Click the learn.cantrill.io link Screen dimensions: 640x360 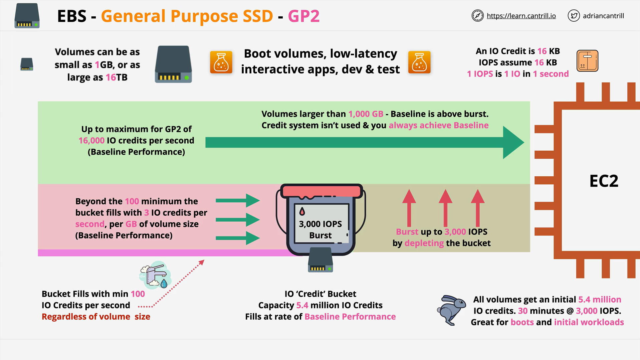point(521,16)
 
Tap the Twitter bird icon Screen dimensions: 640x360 point(574,16)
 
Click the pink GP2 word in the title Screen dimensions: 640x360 point(304,16)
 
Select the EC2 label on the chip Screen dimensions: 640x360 point(604,181)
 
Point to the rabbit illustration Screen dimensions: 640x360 point(451,310)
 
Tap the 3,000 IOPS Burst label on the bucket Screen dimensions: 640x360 point(321,229)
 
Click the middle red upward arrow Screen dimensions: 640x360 point(445,208)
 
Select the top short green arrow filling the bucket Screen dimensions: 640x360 point(238,201)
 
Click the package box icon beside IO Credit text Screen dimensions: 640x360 point(587,61)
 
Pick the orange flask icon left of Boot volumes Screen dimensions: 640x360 point(221,62)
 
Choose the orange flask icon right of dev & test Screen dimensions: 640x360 point(419,62)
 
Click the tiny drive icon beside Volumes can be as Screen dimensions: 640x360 point(27,64)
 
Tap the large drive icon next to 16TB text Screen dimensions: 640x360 point(173,64)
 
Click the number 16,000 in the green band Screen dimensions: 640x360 point(91,141)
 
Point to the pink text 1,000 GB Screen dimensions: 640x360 point(366,114)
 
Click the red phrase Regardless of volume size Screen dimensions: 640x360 point(96,317)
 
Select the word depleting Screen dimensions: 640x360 point(424,243)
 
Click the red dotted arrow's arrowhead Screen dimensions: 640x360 point(201,263)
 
